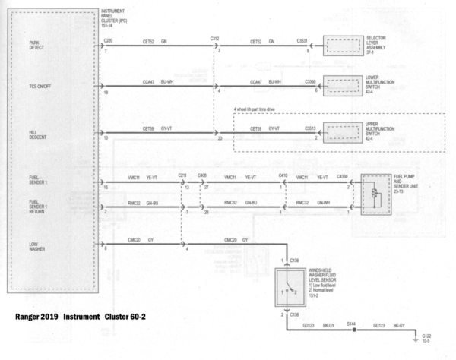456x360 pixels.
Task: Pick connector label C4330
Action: pyautogui.click(x=343, y=175)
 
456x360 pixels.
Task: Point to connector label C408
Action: pyautogui.click(x=202, y=175)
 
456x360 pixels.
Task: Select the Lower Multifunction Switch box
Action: pyautogui.click(x=346, y=86)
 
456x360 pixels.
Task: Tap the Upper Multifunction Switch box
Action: pyautogui.click(x=346, y=132)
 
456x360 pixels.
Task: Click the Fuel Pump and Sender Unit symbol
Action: pyautogui.click(x=375, y=194)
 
